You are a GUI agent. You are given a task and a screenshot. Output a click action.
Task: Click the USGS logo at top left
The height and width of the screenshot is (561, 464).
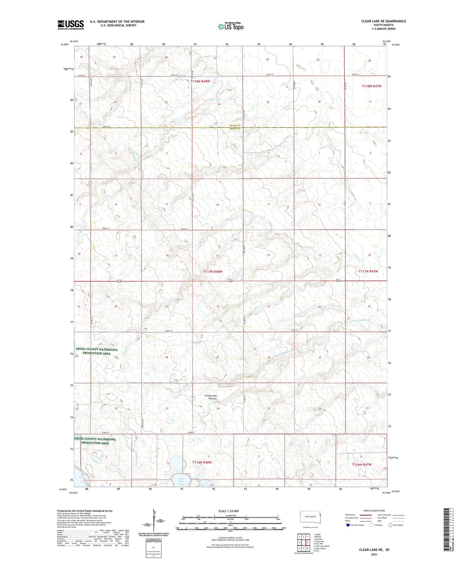pyautogui.click(x=71, y=25)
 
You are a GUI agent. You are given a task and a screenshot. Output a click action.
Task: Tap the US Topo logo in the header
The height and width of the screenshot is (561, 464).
pyautogui.click(x=231, y=26)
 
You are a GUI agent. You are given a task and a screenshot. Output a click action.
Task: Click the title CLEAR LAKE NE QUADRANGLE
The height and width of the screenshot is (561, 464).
pyautogui.click(x=383, y=21)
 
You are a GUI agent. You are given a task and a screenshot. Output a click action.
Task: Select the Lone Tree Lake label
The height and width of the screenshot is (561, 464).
pyautogui.click(x=181, y=481)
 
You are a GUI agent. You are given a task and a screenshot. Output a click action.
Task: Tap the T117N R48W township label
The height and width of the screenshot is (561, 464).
pyautogui.click(x=213, y=272)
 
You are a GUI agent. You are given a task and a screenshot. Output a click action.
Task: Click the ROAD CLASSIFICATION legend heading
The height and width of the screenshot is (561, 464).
pyautogui.click(x=374, y=511)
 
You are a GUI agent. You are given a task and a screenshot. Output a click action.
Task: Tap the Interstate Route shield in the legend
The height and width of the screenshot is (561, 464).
pyautogui.click(x=348, y=525)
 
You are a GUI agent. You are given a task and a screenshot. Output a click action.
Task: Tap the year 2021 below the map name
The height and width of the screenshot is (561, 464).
pyautogui.click(x=374, y=554)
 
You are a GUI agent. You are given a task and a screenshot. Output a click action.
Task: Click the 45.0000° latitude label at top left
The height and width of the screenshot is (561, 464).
pyautogui.click(x=64, y=45)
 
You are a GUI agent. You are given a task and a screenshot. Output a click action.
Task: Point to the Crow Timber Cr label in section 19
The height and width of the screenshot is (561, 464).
pyautogui.click(x=361, y=320)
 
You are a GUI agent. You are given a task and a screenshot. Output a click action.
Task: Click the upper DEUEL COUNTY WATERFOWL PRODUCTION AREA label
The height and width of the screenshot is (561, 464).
pyautogui.click(x=97, y=351)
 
